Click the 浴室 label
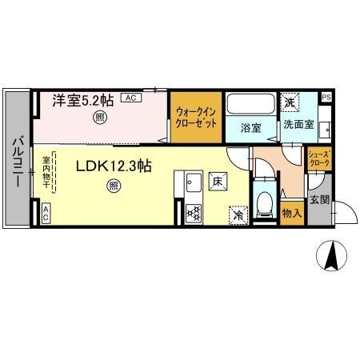(x=251, y=126)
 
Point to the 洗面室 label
(x=296, y=125)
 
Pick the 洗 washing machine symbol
(x=288, y=102)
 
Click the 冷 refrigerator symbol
(x=238, y=214)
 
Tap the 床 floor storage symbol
(x=217, y=180)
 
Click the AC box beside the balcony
(x=46, y=213)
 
